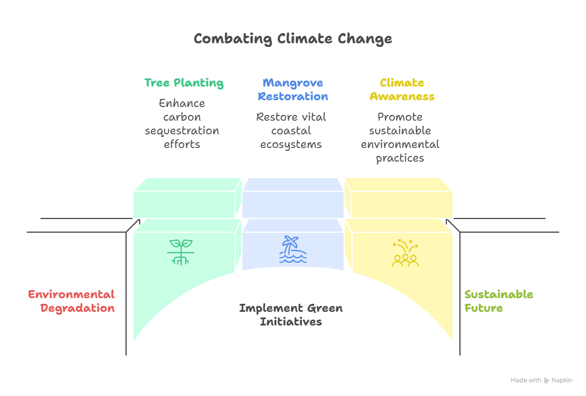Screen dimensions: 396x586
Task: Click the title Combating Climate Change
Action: click(x=292, y=39)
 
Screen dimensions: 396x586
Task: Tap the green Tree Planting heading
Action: click(x=183, y=82)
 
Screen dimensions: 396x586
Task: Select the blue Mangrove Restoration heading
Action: click(x=292, y=89)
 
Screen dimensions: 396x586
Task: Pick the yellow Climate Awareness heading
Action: click(x=402, y=89)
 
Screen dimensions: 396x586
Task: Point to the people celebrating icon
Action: click(x=405, y=253)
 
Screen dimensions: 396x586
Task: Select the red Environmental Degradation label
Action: click(x=72, y=301)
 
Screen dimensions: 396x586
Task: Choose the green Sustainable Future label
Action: click(x=499, y=301)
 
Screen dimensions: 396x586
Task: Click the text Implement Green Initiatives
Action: click(x=291, y=315)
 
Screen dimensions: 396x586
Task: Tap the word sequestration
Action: click(x=182, y=131)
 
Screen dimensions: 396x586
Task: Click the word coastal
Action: click(x=291, y=131)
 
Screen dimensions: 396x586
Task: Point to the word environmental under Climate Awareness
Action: click(x=400, y=145)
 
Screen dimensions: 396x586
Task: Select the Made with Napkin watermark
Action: click(x=541, y=381)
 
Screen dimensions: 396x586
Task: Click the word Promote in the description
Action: click(x=400, y=117)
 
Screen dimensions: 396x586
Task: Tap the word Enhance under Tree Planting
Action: click(x=182, y=104)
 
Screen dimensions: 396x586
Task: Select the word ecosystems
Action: click(x=291, y=145)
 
